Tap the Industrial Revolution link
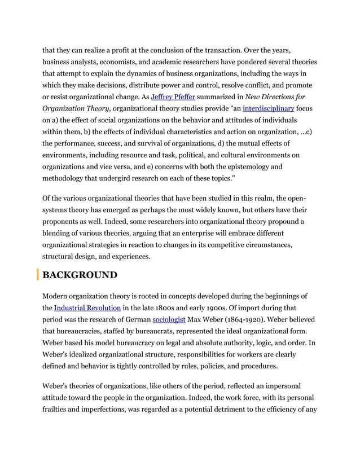click(x=87, y=308)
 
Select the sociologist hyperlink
click(x=170, y=320)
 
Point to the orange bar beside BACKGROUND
click(x=38, y=275)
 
